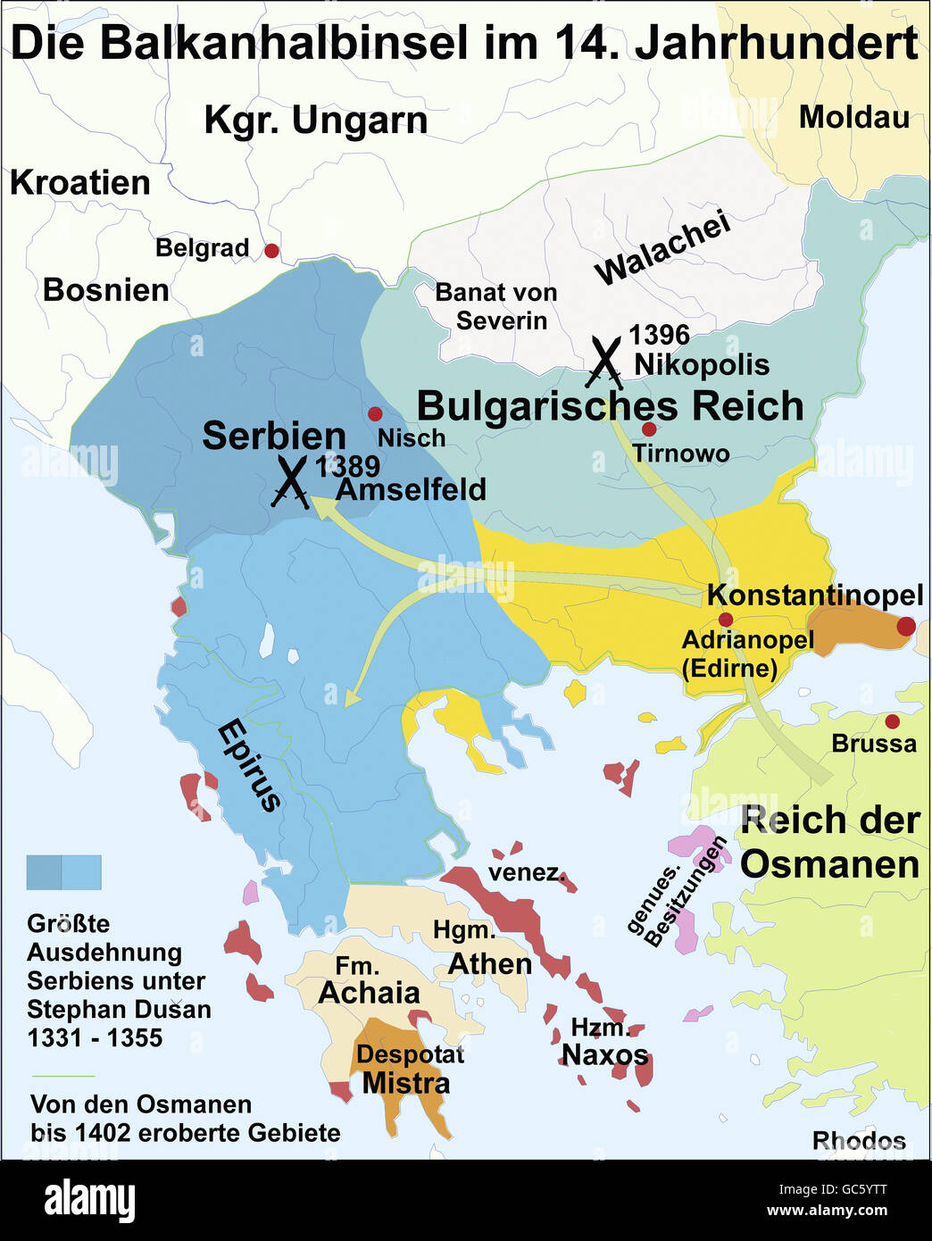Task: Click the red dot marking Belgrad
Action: tap(271, 251)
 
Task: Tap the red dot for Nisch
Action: tap(375, 414)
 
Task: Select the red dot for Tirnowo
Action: tap(649, 429)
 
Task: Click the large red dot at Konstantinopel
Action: tap(905, 626)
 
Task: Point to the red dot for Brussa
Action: tap(891, 721)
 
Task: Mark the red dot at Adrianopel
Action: tap(725, 620)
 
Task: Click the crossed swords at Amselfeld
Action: tap(290, 482)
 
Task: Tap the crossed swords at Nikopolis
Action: tap(605, 362)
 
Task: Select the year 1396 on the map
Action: tap(659, 335)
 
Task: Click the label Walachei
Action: tap(662, 248)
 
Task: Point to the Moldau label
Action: tap(853, 117)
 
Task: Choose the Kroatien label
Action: tap(80, 182)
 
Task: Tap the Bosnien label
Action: tap(105, 290)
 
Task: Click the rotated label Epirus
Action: tap(250, 765)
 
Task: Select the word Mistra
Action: tap(405, 1083)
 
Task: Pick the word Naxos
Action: tap(604, 1054)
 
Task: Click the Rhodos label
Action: tap(858, 1140)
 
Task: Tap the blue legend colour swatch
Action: tap(63, 872)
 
